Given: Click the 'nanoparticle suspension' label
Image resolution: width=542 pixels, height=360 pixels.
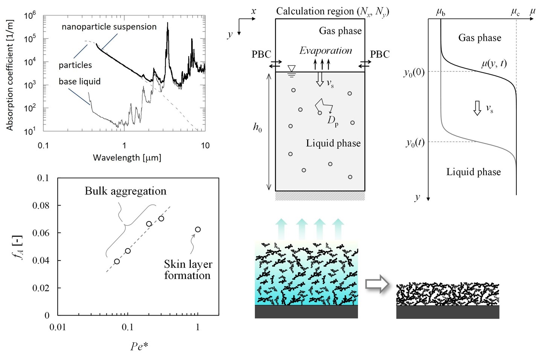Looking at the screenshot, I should point(109,27).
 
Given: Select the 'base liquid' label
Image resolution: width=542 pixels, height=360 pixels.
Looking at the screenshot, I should point(79,81).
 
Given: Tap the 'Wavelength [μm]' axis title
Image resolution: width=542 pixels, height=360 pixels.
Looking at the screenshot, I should point(127,157).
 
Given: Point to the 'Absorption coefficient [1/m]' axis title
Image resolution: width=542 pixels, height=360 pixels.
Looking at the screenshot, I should point(10,75).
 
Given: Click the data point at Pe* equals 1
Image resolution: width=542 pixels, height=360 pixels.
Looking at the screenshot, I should point(198,229).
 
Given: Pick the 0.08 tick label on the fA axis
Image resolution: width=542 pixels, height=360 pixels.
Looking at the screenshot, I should point(41,205).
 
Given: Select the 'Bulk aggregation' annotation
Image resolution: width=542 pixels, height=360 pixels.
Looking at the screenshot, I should point(125,191).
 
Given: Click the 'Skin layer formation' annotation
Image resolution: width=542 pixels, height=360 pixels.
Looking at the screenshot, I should point(187,270).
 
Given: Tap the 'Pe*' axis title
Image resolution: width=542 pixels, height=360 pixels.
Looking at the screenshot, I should point(139,346).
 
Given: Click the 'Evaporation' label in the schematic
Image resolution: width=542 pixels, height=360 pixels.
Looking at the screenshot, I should point(326,50).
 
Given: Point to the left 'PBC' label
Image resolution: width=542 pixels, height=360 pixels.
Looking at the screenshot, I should point(261,54).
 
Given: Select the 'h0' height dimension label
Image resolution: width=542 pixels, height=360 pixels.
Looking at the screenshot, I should point(257,128).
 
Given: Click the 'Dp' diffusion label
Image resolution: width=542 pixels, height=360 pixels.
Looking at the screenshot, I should point(333,121).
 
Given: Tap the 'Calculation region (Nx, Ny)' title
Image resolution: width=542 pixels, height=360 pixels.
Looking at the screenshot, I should point(332,11).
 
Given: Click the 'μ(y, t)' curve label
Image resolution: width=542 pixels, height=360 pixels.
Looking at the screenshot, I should point(494,63).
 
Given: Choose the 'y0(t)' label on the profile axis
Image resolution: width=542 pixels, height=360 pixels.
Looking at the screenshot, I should point(415,142).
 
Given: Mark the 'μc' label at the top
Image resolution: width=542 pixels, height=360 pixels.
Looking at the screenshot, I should point(515,12).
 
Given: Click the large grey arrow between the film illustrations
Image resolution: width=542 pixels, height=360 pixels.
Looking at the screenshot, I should point(377,284).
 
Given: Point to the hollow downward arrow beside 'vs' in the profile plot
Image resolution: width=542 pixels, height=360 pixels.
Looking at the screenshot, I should point(477,108).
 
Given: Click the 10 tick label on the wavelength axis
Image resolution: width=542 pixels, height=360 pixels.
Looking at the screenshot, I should point(205,145).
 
